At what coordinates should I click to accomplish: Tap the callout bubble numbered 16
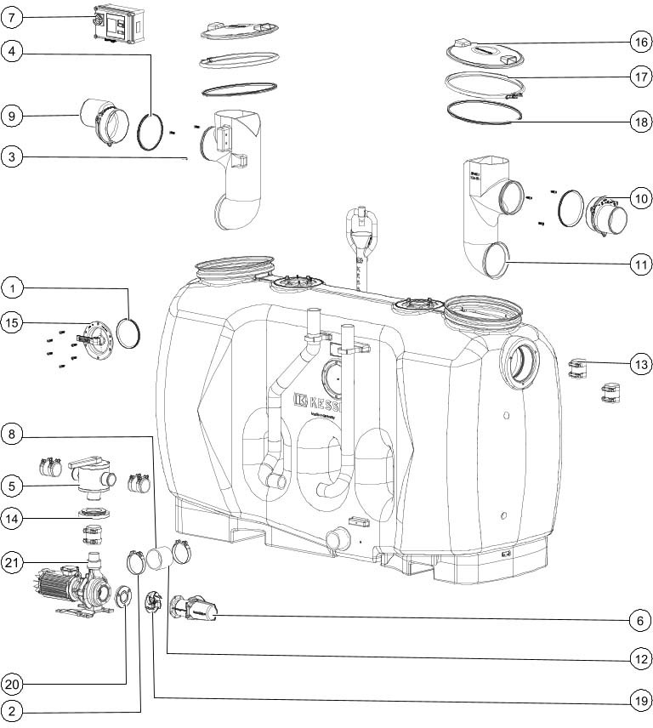640,42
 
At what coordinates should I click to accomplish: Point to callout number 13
640,364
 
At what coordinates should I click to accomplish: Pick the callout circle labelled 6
640,621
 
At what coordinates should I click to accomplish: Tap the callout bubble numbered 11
640,264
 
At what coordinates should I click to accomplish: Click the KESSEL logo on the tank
322,401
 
